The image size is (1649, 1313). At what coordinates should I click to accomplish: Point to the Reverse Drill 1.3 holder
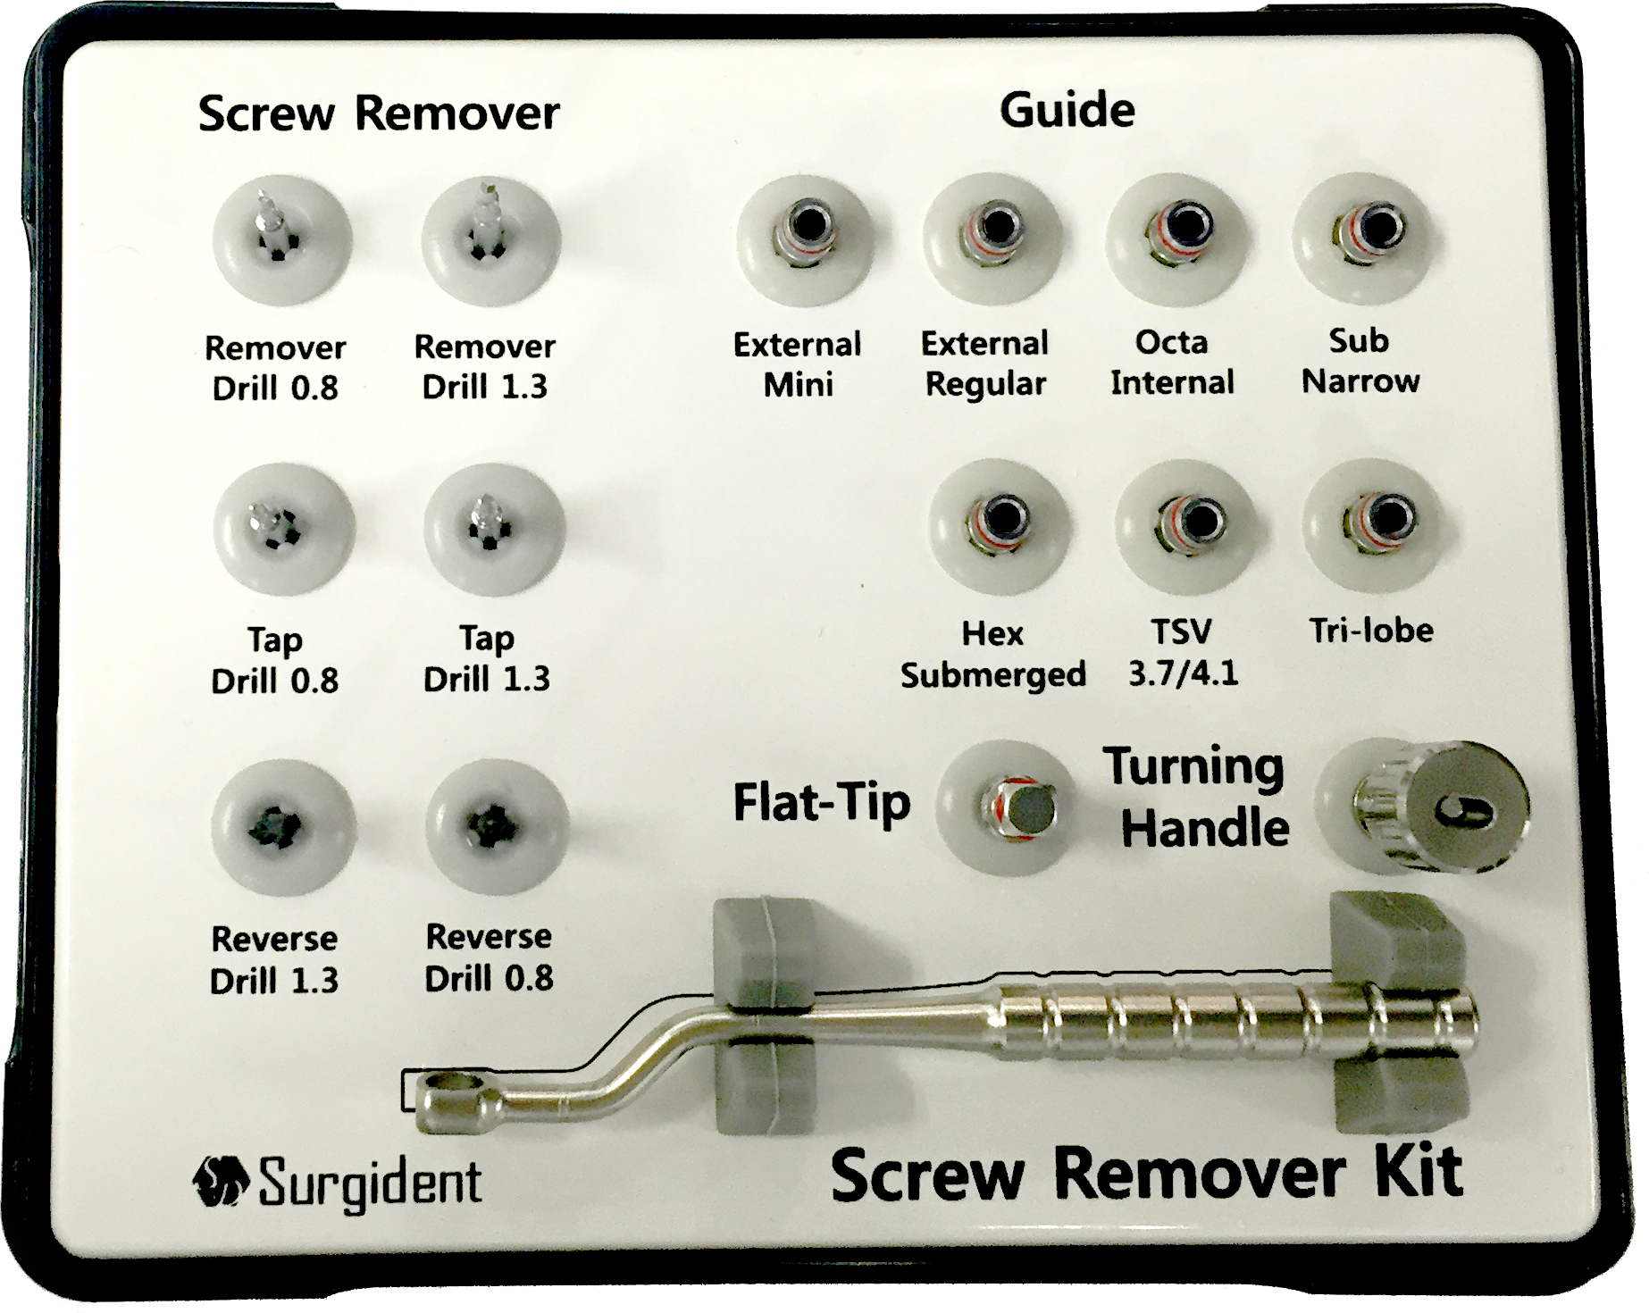(278, 827)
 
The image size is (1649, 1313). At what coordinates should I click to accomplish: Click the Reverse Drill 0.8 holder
(494, 824)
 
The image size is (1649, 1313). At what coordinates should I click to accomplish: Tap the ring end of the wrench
(452, 1091)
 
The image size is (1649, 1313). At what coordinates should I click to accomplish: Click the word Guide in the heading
(1067, 111)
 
